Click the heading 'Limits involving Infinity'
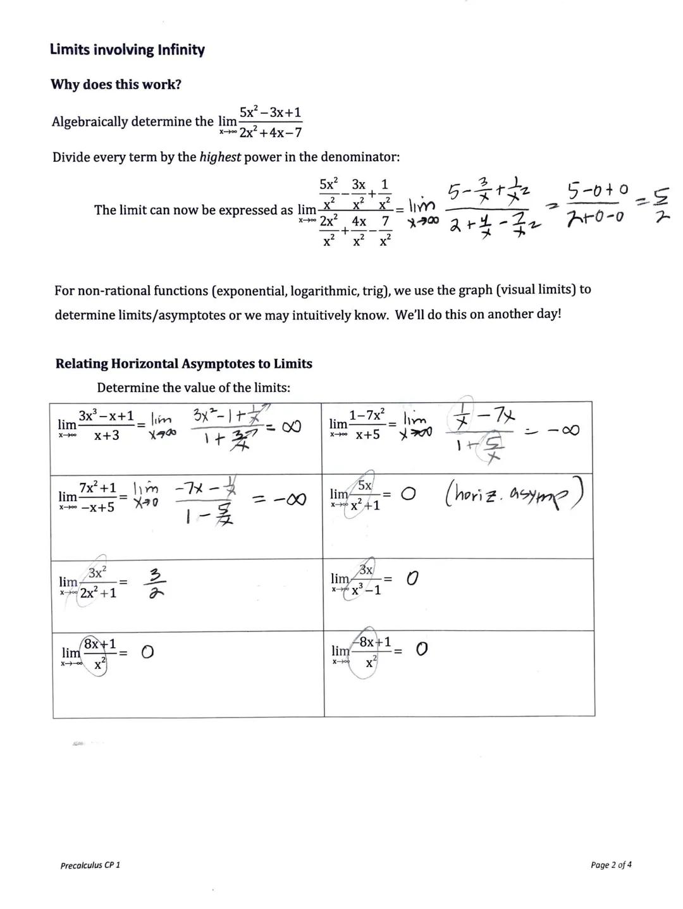point(127,50)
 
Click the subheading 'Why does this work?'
point(116,85)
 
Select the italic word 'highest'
point(220,157)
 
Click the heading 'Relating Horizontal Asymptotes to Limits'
point(183,364)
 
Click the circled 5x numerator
point(365,485)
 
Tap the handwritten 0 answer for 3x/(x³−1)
point(412,578)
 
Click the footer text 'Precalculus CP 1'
point(90,865)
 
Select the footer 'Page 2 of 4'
point(610,865)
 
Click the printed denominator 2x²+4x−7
point(270,133)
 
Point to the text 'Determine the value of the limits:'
point(194,388)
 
